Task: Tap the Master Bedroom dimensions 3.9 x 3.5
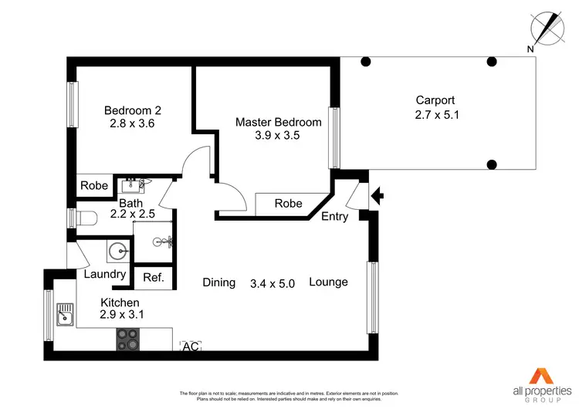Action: [278, 135]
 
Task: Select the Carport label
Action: [435, 100]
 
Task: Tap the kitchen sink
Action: [66, 314]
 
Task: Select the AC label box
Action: [190, 347]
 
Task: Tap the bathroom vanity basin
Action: [132, 185]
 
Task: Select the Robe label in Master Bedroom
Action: [288, 204]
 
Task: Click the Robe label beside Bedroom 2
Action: [94, 185]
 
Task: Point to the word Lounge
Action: [329, 282]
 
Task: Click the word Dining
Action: [219, 282]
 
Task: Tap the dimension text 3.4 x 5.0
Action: [273, 283]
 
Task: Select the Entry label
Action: [334, 217]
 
